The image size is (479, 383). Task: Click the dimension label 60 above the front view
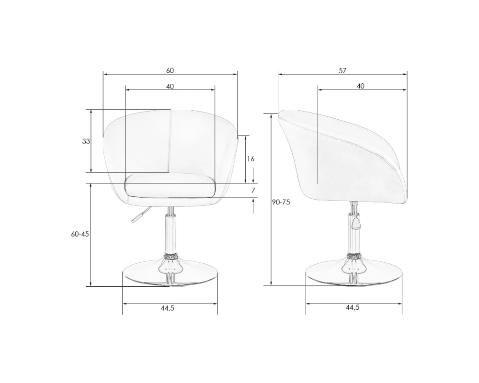[x=170, y=70]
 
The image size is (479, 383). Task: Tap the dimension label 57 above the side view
[x=342, y=70]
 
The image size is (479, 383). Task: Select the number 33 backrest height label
[x=86, y=141]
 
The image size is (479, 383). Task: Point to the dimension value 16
[x=251, y=159]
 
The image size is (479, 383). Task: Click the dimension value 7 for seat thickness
[x=253, y=190]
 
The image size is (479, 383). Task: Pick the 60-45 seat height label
[x=80, y=234]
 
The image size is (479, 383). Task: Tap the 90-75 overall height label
[x=281, y=202]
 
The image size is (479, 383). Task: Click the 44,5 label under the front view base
[x=167, y=308]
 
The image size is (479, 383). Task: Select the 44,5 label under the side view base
[x=353, y=307]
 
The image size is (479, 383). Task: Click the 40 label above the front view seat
[x=170, y=87]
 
